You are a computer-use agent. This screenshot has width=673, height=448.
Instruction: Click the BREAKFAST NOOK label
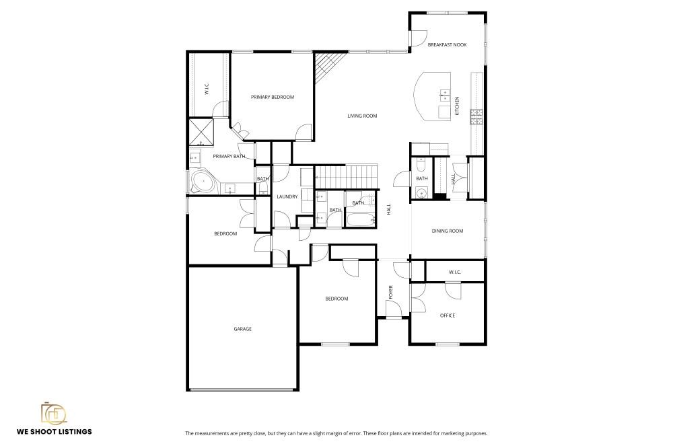coord(447,45)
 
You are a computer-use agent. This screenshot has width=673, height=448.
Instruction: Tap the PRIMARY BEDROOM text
coord(273,98)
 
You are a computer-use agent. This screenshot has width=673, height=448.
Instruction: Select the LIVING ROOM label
coord(362,116)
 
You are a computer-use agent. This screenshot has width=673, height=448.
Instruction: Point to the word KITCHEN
coord(457,106)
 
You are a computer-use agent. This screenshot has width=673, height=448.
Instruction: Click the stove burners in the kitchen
coord(476,118)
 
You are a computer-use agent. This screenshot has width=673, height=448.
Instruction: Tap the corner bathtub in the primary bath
coord(201,180)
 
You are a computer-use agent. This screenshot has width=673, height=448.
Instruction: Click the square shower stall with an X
coord(201,132)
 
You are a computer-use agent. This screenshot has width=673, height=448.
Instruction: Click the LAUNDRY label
coord(287,196)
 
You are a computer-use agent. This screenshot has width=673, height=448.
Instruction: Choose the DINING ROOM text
coord(448,231)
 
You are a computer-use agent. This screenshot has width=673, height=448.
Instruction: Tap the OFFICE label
coord(448,315)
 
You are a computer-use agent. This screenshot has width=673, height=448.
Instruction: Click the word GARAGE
coord(242,329)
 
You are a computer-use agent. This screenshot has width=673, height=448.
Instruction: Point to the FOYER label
coord(390,292)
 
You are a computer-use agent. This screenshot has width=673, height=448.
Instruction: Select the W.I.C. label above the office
coord(454,272)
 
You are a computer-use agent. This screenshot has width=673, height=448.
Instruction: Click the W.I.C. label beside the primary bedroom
coord(207,89)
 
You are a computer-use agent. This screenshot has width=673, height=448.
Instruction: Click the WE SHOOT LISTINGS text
coord(55,432)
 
